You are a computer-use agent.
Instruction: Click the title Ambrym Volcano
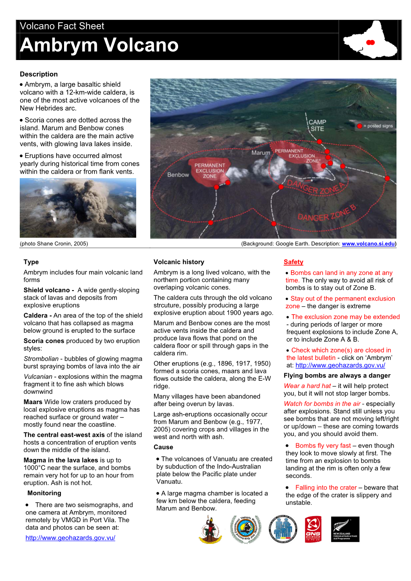coord(99,45)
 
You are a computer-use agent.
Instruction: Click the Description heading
coord(39,74)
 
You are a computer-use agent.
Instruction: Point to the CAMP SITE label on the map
coord(318,125)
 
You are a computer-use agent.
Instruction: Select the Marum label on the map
coord(261,153)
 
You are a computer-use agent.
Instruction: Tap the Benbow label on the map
coord(178,175)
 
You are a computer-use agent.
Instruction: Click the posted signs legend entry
coord(375,126)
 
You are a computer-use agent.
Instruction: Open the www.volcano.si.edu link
coord(368,244)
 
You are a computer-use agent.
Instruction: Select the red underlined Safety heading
coord(293,262)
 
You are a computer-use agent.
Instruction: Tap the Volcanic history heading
coord(179,262)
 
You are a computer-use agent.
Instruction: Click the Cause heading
coord(163,447)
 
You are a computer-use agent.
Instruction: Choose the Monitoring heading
coord(44,493)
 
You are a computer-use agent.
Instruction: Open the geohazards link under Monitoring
coord(70,538)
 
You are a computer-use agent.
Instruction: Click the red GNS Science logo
coord(313,529)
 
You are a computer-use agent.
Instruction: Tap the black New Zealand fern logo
coord(345,529)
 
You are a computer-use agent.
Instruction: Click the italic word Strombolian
coord(41,359)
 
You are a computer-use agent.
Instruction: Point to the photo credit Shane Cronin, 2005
coord(54,244)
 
